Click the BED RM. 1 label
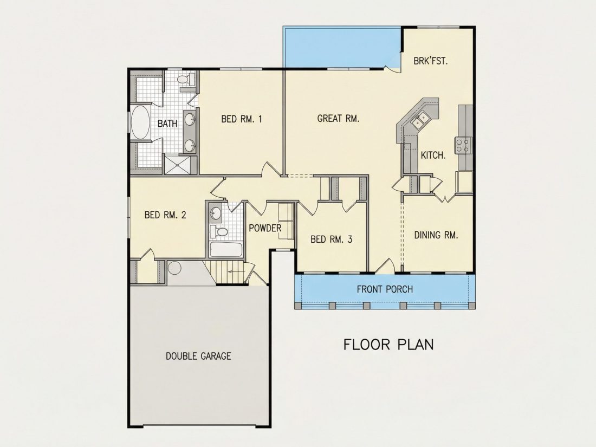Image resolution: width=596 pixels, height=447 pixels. click(x=241, y=119)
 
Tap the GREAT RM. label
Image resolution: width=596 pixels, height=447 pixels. click(x=338, y=119)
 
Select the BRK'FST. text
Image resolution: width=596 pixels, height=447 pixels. click(x=431, y=61)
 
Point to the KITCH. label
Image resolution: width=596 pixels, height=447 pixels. click(x=433, y=155)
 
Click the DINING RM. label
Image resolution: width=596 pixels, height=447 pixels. click(x=436, y=235)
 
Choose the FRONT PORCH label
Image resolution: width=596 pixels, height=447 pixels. click(x=385, y=289)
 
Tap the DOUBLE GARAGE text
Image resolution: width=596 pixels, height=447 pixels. click(x=198, y=356)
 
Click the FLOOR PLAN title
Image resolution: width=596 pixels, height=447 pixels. click(x=388, y=345)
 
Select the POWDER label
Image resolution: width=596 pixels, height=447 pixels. click(x=265, y=228)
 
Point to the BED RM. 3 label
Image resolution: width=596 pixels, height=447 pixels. click(x=332, y=239)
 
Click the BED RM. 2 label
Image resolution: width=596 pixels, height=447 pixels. click(x=165, y=215)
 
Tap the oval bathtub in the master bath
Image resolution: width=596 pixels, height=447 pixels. click(x=141, y=122)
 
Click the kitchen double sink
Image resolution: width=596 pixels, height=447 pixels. click(x=420, y=119)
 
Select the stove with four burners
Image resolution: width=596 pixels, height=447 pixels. click(x=463, y=145)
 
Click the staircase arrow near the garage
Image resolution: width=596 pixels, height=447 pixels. click(x=236, y=272)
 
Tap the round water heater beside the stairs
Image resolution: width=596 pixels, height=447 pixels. click(x=175, y=268)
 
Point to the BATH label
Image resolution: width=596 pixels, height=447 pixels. click(x=167, y=124)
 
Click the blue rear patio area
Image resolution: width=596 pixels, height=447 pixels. click(x=342, y=47)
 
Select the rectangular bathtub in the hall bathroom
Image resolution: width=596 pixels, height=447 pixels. click(x=226, y=250)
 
